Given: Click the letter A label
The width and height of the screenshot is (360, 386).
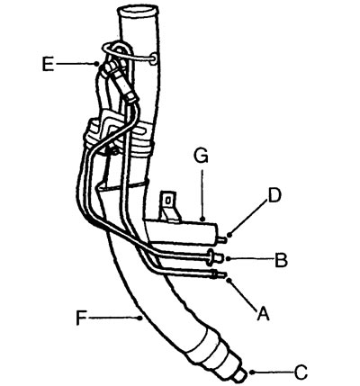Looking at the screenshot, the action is tap(263, 314).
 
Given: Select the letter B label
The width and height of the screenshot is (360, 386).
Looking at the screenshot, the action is tap(282, 260).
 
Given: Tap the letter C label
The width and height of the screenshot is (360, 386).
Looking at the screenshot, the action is tap(301, 373).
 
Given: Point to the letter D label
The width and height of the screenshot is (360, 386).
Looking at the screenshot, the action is tap(274, 195).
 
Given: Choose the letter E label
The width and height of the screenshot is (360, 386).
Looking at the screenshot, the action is tap(48, 64).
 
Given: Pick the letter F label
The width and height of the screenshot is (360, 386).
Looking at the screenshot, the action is tap(81, 319).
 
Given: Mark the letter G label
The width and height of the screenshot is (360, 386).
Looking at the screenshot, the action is tap(201, 156).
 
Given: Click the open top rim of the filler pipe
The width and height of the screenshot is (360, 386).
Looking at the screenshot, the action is tap(138, 13).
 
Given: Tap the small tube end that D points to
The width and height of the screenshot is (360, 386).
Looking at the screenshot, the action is tap(222, 239).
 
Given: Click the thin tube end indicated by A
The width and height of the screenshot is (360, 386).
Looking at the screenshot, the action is tap(220, 274).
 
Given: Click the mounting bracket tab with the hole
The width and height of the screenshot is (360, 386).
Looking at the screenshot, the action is tap(169, 204).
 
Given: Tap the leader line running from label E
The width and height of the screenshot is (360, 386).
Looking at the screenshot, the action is tap(76, 64).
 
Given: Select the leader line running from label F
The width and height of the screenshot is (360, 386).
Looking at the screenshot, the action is tap(114, 318).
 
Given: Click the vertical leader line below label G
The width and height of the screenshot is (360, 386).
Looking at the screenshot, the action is tap(202, 195).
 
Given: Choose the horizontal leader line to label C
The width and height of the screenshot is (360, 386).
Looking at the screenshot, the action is tap(273, 373).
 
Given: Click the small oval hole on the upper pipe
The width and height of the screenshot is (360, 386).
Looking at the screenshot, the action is tap(154, 58).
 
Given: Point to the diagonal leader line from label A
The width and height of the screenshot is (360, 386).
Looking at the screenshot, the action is tap(243, 295).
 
